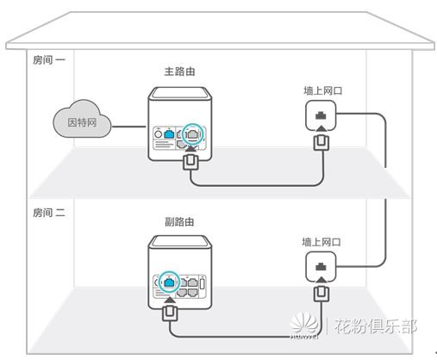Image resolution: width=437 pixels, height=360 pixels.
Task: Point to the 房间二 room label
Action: coord(49,212)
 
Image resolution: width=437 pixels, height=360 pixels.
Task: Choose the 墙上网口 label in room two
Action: coord(322,244)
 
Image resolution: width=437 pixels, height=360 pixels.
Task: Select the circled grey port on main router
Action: coord(193,133)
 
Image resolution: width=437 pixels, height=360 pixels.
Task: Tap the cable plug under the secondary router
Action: coord(171,308)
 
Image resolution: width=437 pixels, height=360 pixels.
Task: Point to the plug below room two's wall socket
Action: coord(322,294)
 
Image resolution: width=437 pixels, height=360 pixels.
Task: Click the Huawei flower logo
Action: coord(302,326)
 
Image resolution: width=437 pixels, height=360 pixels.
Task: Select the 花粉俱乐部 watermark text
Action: coord(377,327)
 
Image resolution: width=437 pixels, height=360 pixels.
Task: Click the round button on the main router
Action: coord(159,134)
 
